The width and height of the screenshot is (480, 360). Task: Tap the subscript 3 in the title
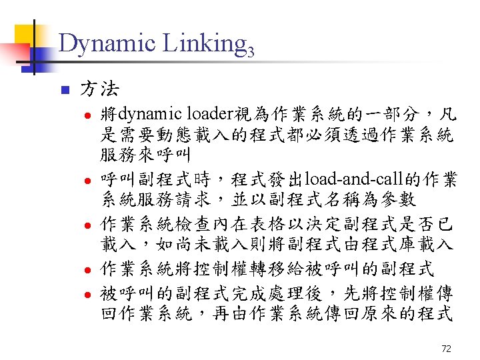pyautogui.click(x=251, y=50)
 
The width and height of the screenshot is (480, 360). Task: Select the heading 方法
pyautogui.click(x=100, y=87)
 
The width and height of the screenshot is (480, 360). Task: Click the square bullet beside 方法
pyautogui.click(x=64, y=89)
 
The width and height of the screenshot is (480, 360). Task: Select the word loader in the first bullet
pyautogui.click(x=208, y=113)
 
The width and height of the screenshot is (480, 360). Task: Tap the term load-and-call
pyautogui.click(x=351, y=180)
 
